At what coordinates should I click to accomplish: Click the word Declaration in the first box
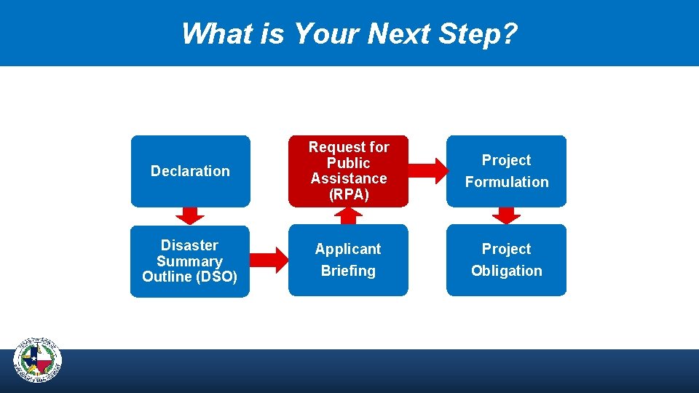click(190, 171)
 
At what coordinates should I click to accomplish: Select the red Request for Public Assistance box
click(348, 171)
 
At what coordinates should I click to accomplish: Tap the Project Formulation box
click(506, 171)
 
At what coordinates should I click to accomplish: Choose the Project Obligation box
click(506, 260)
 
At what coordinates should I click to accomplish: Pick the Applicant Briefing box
click(348, 260)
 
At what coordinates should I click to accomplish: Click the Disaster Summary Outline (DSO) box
click(190, 261)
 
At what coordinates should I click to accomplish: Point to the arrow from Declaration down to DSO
click(190, 215)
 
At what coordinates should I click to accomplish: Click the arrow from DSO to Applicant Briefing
click(269, 260)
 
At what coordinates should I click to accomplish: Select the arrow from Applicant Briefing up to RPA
click(349, 215)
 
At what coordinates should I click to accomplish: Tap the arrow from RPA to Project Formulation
click(427, 171)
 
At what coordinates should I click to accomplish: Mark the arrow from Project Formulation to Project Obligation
click(506, 215)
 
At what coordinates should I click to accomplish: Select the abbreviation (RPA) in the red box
click(349, 195)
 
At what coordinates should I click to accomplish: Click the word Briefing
click(348, 271)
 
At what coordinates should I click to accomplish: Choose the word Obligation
click(506, 271)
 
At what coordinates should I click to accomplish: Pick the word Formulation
click(506, 182)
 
